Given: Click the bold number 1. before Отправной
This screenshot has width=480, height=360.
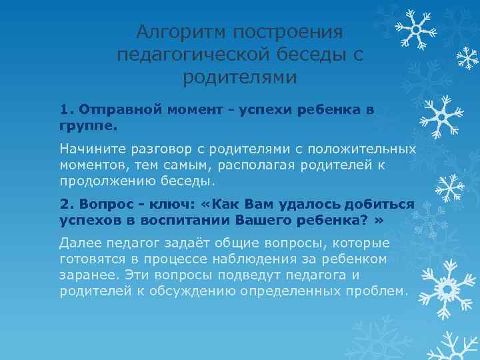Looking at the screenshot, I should (x=66, y=109).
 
